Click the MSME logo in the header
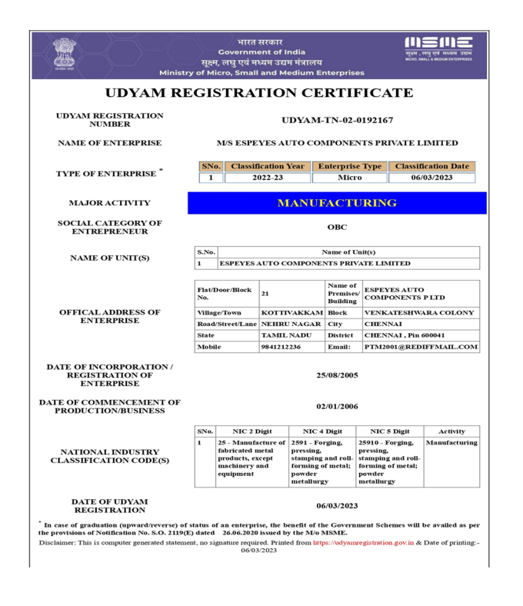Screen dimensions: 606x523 click(x=438, y=48)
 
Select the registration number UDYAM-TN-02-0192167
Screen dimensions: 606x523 click(x=338, y=120)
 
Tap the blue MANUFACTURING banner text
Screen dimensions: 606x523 click(x=337, y=203)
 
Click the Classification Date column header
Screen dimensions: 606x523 click(x=431, y=166)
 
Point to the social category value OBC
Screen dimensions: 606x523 click(x=337, y=228)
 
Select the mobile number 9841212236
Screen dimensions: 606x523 click(x=281, y=347)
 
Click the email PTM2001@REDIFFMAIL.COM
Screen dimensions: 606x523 click(x=421, y=347)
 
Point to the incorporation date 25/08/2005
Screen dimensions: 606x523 click(x=338, y=376)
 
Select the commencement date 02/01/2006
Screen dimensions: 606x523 click(x=338, y=405)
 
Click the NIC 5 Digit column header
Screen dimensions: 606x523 click(x=389, y=431)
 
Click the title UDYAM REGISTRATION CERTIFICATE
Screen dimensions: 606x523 click(x=259, y=93)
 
